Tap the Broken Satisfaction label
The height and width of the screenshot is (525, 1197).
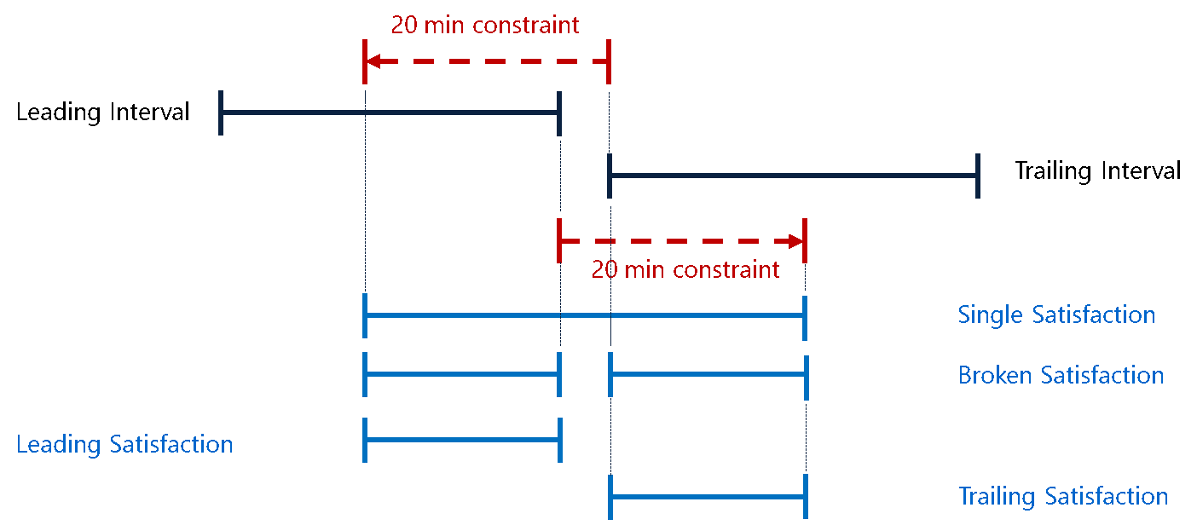[1061, 375]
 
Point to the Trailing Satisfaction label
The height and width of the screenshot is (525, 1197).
[1062, 496]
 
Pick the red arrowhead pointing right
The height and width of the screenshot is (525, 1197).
[796, 240]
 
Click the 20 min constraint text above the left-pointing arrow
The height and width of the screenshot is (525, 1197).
[484, 25]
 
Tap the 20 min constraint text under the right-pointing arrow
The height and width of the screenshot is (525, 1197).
[685, 270]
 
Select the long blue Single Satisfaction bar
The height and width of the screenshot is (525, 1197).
[584, 315]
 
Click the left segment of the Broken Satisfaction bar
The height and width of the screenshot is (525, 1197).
[461, 375]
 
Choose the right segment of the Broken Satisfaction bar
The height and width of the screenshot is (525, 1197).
[708, 375]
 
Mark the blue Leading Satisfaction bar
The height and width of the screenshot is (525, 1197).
[461, 440]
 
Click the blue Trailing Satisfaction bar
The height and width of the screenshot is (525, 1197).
[708, 497]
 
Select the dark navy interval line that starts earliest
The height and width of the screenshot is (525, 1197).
[389, 112]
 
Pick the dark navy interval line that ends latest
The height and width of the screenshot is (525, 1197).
[793, 176]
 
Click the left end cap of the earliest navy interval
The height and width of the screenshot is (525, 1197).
[220, 112]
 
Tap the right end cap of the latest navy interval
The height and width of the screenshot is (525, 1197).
[977, 176]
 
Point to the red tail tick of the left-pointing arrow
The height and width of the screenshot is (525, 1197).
[608, 61]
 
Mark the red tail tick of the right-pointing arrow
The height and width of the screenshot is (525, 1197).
[558, 240]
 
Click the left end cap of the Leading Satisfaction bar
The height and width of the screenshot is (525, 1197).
[365, 440]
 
